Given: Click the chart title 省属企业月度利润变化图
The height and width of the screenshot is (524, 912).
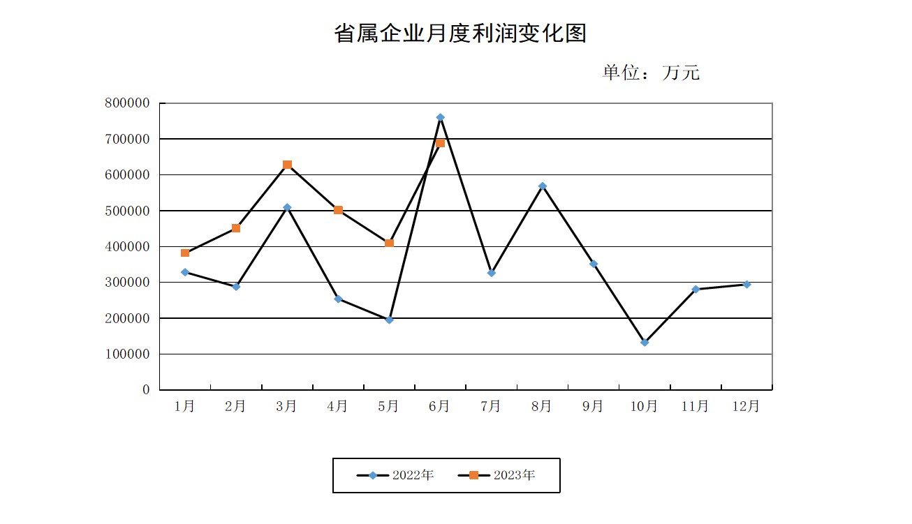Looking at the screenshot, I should click(460, 33).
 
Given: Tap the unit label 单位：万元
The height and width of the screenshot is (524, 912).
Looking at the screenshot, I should click(651, 73).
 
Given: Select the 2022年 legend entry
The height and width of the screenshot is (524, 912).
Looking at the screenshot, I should click(396, 475).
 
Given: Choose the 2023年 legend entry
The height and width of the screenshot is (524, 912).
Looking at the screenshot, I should click(497, 475).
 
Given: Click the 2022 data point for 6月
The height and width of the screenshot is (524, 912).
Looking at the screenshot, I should click(440, 117).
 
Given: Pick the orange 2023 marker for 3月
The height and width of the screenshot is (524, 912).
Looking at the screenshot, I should click(287, 165).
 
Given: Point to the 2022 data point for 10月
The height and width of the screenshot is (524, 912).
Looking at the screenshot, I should click(645, 343).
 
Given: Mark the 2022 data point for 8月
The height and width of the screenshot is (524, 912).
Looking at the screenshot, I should click(543, 186).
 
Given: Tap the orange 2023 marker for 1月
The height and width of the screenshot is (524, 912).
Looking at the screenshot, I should click(185, 253).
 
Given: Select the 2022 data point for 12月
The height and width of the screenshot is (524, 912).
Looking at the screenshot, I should click(746, 284).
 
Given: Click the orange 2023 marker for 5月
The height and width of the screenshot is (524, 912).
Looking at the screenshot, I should click(389, 243).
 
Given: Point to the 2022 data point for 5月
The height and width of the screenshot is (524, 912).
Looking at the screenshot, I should click(389, 320).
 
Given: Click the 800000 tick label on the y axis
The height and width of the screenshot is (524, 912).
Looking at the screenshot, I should click(127, 103).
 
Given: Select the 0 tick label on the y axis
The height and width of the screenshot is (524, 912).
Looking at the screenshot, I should click(146, 389).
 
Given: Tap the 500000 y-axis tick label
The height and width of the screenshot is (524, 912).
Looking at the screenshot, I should click(127, 211).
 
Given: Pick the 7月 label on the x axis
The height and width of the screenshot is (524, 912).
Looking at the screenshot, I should click(491, 406).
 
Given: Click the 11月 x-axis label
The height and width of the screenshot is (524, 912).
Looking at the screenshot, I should click(695, 406).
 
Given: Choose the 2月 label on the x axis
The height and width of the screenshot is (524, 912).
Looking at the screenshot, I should click(236, 406).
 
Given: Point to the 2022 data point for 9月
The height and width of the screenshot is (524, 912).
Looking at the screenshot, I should click(594, 264).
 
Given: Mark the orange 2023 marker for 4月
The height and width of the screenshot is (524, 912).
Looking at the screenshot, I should click(338, 210).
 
